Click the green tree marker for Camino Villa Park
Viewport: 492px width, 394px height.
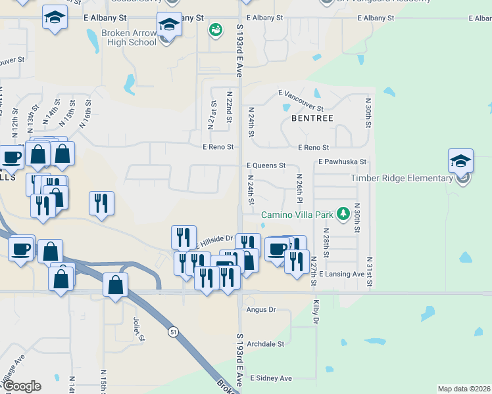click(x=342, y=213)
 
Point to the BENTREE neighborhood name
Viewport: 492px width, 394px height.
click(x=312, y=118)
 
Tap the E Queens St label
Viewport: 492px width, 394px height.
click(x=266, y=166)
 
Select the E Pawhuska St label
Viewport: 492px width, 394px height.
click(x=341, y=162)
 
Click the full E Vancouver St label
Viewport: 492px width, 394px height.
click(x=301, y=100)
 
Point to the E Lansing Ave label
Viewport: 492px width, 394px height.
click(x=341, y=274)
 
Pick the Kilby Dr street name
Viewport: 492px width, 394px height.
click(x=316, y=312)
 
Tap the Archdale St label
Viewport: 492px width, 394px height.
click(x=264, y=343)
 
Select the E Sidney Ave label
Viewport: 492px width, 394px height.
click(x=270, y=378)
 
